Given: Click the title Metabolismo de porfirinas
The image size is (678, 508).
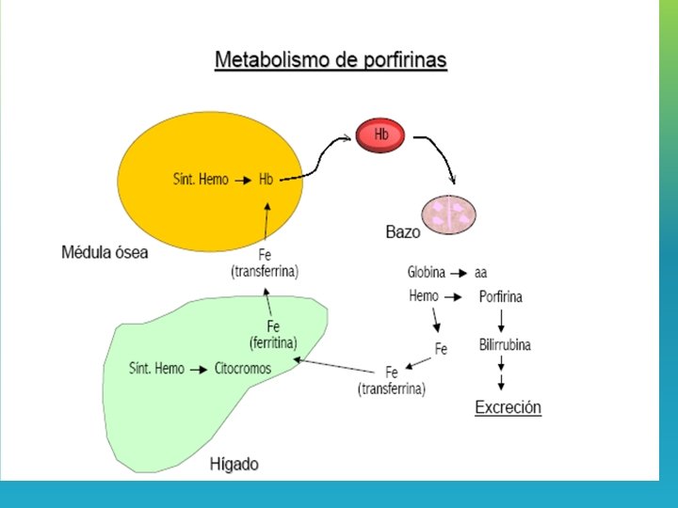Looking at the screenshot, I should (x=331, y=60).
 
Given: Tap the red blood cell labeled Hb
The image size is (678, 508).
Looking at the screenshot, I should (x=379, y=135).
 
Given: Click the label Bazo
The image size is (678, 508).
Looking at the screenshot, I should (x=403, y=231).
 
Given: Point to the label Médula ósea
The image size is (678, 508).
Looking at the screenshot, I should (x=105, y=252).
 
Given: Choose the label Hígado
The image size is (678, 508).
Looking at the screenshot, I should (x=234, y=464).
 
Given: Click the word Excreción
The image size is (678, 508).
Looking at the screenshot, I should (x=508, y=408).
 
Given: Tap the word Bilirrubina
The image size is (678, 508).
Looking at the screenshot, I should (x=505, y=344).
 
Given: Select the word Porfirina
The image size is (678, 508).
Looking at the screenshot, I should (x=501, y=297).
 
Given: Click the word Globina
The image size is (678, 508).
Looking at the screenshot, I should (x=427, y=273).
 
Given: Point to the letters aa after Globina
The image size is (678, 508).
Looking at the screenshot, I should (x=481, y=273).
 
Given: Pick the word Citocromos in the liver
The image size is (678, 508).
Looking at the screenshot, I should (x=243, y=369).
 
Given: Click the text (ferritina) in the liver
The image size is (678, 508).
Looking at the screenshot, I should (x=274, y=341).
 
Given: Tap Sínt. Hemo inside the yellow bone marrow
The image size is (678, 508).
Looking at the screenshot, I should (x=201, y=179).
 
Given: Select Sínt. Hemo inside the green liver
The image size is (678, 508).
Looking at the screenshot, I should (x=156, y=369).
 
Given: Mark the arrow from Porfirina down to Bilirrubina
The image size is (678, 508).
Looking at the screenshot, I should (x=501, y=322).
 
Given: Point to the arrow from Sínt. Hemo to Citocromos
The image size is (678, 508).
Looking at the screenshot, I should (x=200, y=369).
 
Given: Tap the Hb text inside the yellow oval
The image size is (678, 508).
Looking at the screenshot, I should (x=266, y=179).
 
